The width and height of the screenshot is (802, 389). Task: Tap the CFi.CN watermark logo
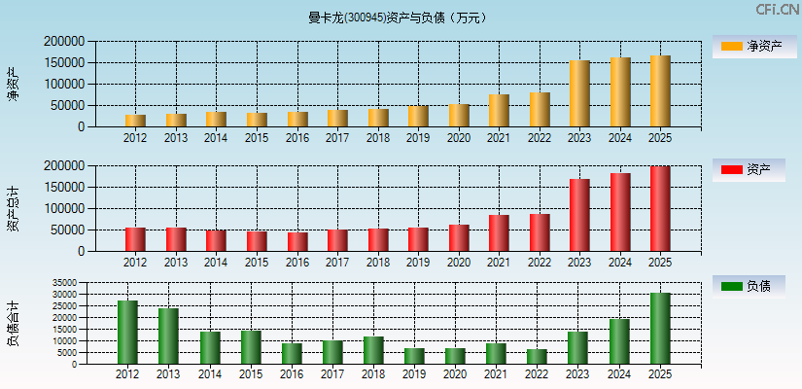coord(777,9)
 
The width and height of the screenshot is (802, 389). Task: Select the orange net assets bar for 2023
coord(579,93)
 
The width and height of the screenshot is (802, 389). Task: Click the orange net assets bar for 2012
coord(135,121)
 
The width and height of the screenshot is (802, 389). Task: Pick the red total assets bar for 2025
coord(660,209)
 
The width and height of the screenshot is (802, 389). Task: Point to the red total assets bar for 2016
coord(296,241)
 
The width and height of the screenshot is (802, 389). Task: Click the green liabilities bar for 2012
coord(127,332)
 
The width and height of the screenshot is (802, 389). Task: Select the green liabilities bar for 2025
coord(660,328)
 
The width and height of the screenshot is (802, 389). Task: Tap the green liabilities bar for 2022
coord(538,356)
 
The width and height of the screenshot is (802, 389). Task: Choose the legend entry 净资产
coord(750,46)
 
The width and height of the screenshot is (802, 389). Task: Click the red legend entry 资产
coord(750,169)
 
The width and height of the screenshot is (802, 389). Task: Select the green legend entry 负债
coord(750,286)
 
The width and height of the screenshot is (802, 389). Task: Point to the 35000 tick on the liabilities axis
coord(64,283)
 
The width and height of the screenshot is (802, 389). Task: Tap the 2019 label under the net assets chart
coord(418,138)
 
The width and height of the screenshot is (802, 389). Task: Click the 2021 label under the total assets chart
coord(499,263)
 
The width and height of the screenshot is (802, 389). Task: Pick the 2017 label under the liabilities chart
coord(331,373)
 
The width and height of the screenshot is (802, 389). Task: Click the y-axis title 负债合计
coord(13,324)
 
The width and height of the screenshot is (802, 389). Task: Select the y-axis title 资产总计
coord(13,208)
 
